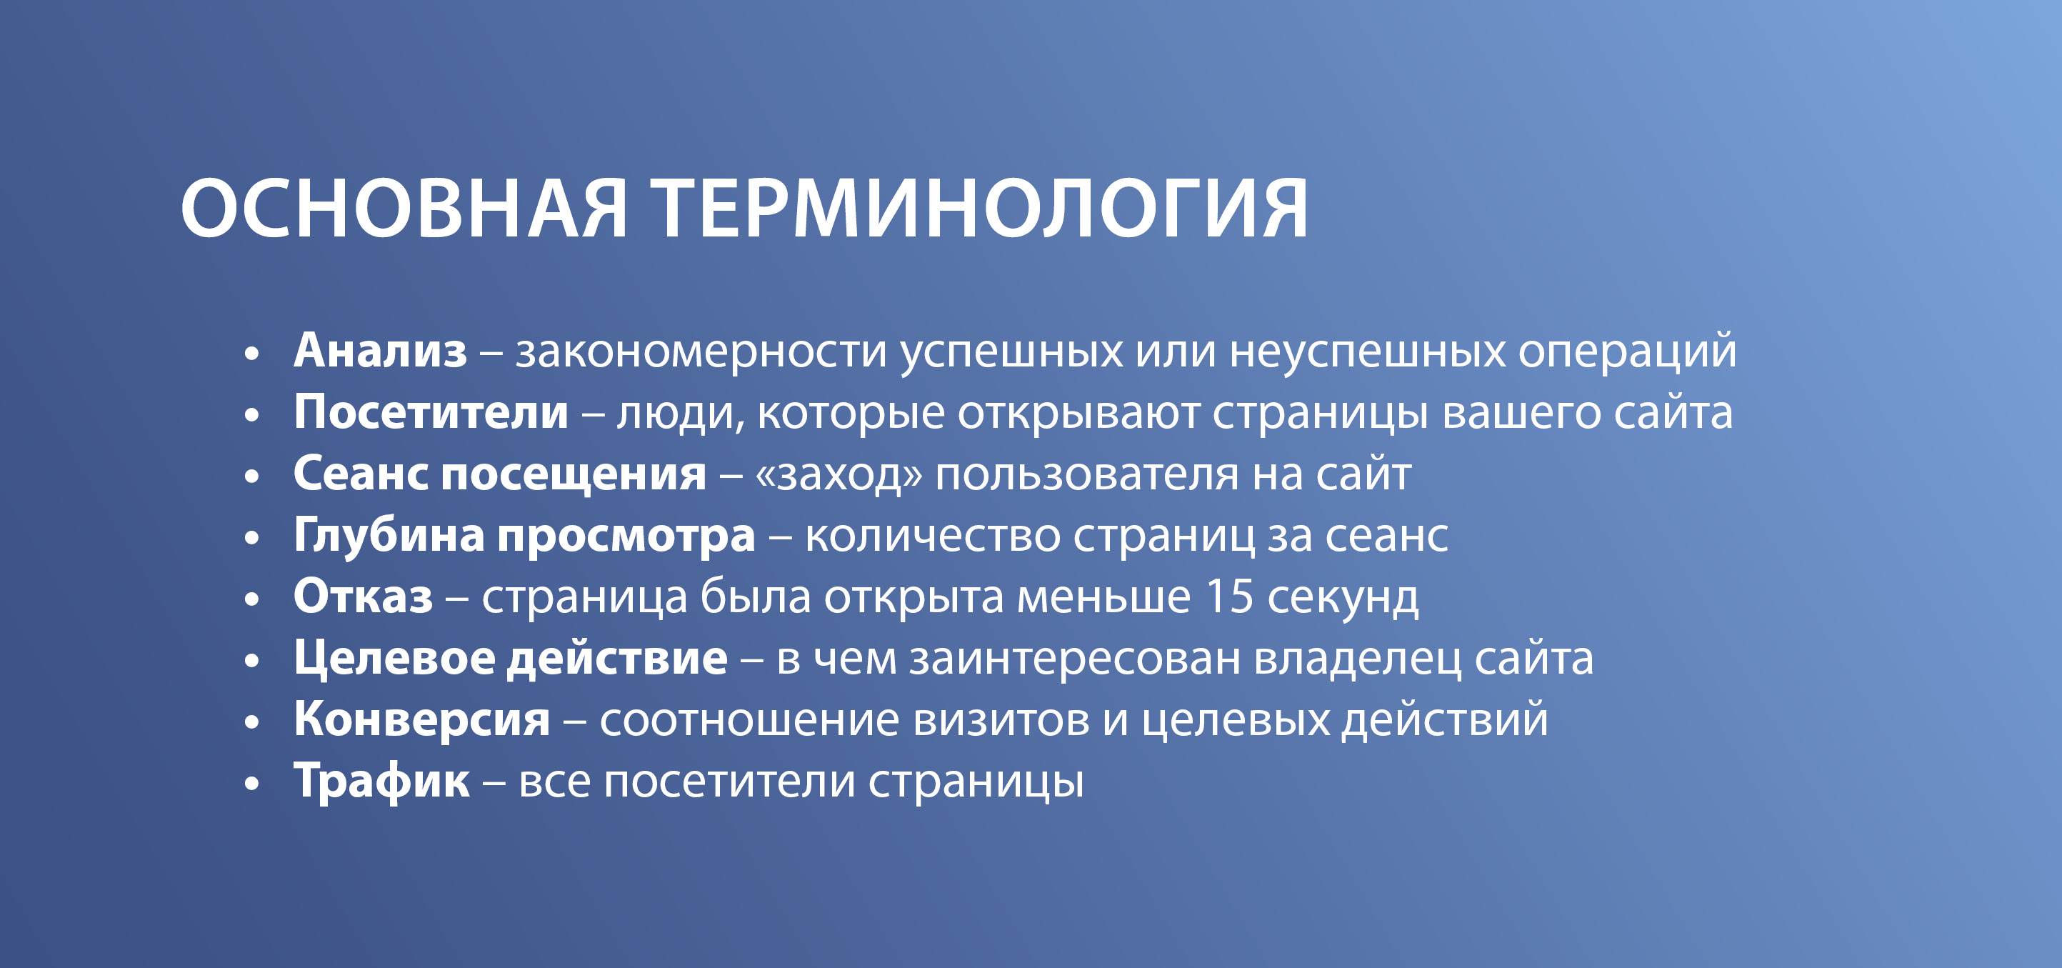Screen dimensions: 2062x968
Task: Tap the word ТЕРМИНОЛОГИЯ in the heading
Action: pos(980,208)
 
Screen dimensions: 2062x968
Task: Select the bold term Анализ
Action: pos(380,351)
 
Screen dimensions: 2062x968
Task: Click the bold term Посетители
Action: pos(431,412)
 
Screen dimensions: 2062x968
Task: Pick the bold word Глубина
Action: pos(389,535)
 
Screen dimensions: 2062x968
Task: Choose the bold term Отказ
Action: pos(364,597)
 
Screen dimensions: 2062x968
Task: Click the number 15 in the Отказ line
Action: pos(1228,597)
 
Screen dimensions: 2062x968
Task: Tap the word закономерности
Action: pos(701,352)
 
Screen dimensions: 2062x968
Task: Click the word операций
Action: pos(1627,352)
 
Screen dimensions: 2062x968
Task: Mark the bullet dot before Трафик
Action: pos(252,782)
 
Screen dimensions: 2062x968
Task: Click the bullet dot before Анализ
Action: pos(252,352)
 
